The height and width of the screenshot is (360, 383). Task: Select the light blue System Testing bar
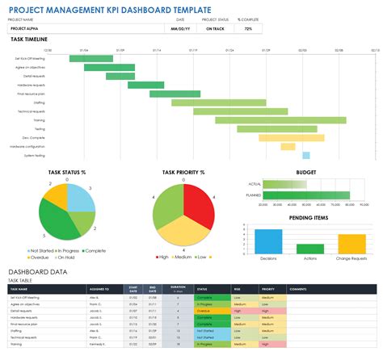pyautogui.click(x=306, y=155)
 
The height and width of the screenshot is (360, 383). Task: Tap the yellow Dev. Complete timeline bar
pyautogui.click(x=270, y=137)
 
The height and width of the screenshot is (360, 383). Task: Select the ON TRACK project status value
pyautogui.click(x=214, y=28)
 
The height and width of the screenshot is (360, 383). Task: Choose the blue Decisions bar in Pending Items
pyautogui.click(x=268, y=241)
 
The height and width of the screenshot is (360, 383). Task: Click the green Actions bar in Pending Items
pyautogui.click(x=309, y=247)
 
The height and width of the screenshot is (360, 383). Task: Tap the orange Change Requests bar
pyautogui.click(x=351, y=244)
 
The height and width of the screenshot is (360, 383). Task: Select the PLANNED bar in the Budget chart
pyautogui.click(x=304, y=195)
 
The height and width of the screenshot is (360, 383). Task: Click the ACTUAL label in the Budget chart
pyautogui.click(x=253, y=184)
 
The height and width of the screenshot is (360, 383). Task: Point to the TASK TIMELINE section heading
pyautogui.click(x=29, y=39)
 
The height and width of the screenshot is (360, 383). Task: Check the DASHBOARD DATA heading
pyautogui.click(x=39, y=273)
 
